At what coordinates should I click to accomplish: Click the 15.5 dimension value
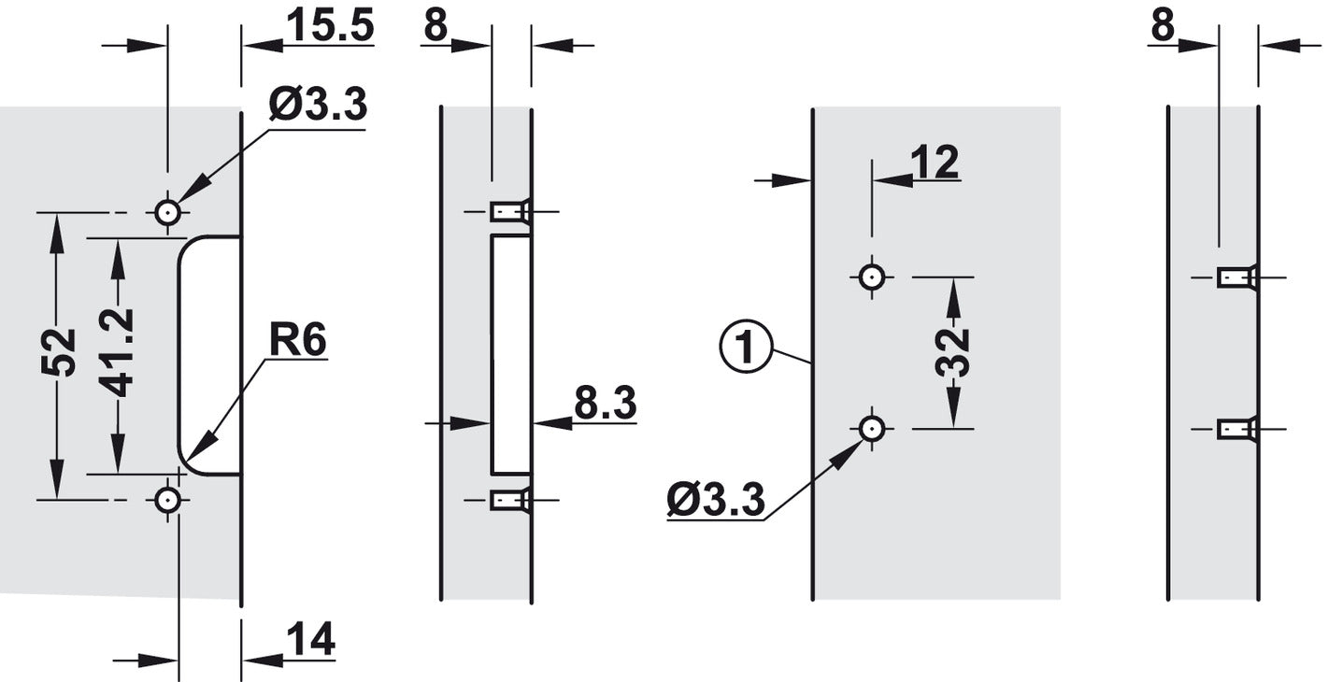pos(330,26)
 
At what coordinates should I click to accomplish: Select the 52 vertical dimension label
pos(59,352)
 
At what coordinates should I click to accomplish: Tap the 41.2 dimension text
pos(116,352)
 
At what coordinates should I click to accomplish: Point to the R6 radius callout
pos(297,341)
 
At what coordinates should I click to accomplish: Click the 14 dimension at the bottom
pos(310,640)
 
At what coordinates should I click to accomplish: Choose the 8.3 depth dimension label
pos(606,403)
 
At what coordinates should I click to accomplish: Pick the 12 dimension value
pos(935,162)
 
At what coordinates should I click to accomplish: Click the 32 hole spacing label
pos(952,352)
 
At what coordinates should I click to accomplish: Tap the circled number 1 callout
pos(746,348)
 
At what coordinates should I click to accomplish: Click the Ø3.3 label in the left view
pos(318,105)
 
